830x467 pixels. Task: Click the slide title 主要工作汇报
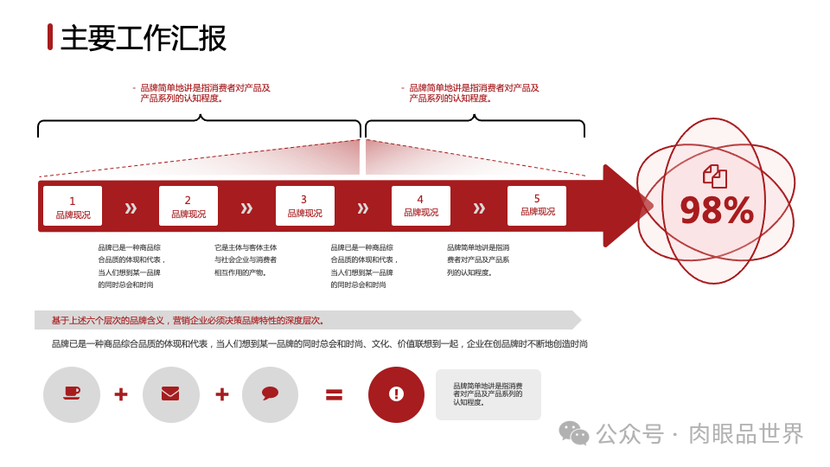click(144, 39)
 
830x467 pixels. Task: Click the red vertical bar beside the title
click(50, 37)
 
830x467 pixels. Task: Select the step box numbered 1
click(73, 206)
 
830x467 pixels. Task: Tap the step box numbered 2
click(188, 206)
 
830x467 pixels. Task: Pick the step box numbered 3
click(304, 206)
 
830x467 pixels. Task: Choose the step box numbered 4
click(421, 206)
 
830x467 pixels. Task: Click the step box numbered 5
click(537, 205)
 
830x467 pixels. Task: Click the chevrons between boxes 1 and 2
click(131, 208)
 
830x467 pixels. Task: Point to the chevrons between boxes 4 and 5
click(479, 208)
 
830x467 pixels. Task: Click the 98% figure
click(716, 210)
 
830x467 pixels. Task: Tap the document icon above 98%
click(715, 176)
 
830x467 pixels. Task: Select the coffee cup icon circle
click(72, 394)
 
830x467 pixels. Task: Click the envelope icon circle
click(171, 394)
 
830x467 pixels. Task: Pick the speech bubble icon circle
click(270, 394)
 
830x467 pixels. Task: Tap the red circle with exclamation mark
click(396, 394)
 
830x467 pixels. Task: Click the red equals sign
click(334, 394)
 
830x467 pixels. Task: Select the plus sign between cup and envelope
click(121, 394)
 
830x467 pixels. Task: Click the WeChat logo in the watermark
click(573, 432)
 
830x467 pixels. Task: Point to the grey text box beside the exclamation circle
click(488, 394)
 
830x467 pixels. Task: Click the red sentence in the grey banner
click(188, 320)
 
